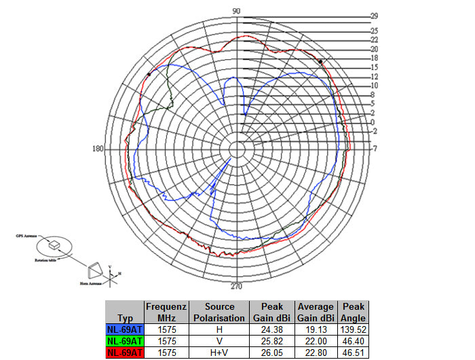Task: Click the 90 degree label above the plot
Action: tap(236, 12)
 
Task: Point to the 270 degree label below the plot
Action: tap(236, 285)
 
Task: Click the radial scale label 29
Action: tap(373, 16)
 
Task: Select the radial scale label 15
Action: tap(373, 68)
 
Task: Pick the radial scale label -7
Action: tap(374, 149)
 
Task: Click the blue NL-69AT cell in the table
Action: tap(125, 329)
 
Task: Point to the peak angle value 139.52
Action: tap(354, 329)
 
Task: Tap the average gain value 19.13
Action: tap(315, 329)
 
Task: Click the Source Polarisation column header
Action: tap(218, 312)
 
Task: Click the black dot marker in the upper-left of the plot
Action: tap(149, 74)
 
